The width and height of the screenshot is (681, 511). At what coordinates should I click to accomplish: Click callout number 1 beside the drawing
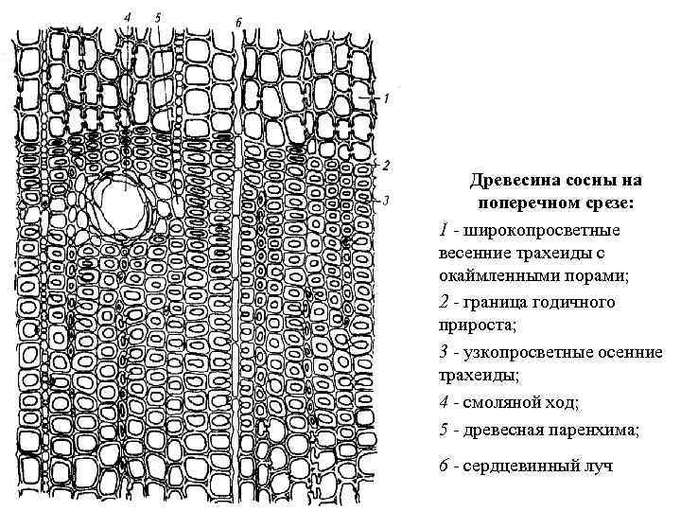coord(386,97)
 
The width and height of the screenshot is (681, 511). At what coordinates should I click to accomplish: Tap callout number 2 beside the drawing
coord(386,165)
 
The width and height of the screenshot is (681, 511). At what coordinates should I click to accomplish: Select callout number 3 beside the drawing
coord(386,200)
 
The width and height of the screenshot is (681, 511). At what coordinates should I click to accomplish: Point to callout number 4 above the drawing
coord(128,16)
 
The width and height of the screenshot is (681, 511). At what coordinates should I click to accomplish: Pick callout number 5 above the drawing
coord(157,16)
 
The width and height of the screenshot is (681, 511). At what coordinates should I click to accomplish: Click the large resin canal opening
coord(120,205)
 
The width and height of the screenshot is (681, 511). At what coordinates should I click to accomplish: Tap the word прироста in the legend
coord(472,326)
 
